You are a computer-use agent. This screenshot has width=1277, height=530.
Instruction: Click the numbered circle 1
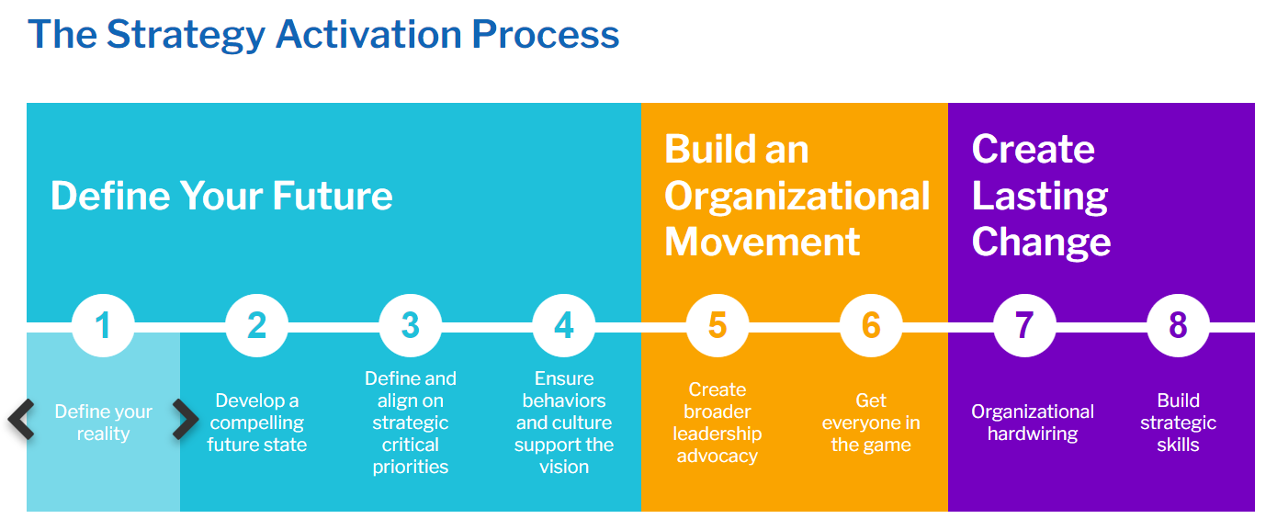(103, 325)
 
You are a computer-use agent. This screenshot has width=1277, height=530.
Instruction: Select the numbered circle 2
(256, 325)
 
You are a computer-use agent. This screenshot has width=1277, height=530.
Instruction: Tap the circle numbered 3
(411, 325)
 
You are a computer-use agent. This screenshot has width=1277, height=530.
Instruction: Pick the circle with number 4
(564, 325)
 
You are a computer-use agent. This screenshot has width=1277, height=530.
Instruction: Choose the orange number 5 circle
(718, 325)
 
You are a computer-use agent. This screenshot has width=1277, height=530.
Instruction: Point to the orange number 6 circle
(871, 325)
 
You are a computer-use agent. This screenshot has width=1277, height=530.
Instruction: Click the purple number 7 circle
(1024, 325)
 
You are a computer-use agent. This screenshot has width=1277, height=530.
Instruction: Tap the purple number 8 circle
(1178, 325)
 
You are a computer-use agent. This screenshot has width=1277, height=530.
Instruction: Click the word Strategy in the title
(186, 35)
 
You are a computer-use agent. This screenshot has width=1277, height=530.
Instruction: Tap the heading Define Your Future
(221, 196)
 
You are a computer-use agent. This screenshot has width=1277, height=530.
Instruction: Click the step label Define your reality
(103, 423)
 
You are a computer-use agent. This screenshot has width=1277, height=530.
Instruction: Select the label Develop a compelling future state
(256, 423)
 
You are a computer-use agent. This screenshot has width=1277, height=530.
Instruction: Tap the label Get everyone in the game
(871, 423)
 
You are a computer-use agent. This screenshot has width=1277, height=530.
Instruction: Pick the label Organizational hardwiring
(1033, 423)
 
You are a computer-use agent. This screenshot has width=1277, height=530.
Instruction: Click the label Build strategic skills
(1178, 423)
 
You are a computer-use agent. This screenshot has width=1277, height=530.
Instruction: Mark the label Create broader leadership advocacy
(718, 423)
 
